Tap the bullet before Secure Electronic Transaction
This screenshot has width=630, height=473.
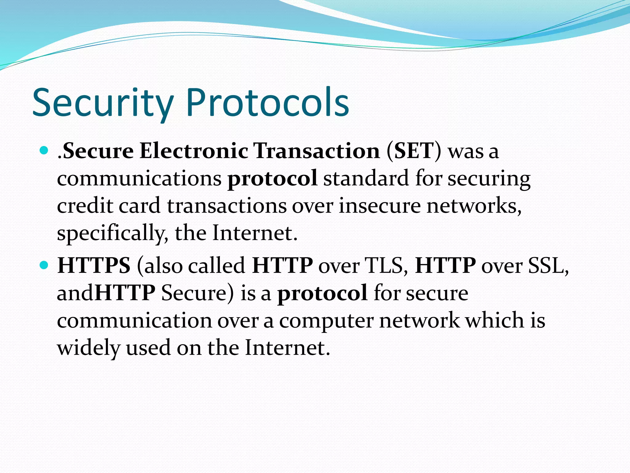(44, 151)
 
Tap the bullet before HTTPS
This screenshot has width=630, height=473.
(44, 265)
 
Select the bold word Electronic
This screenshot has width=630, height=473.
(193, 151)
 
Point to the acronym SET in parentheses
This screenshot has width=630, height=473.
(414, 151)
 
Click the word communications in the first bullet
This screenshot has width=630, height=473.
(139, 178)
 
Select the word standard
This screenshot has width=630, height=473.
(366, 178)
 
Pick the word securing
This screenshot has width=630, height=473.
(489, 179)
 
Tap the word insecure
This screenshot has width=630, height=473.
(380, 205)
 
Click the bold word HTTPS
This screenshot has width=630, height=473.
(94, 265)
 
